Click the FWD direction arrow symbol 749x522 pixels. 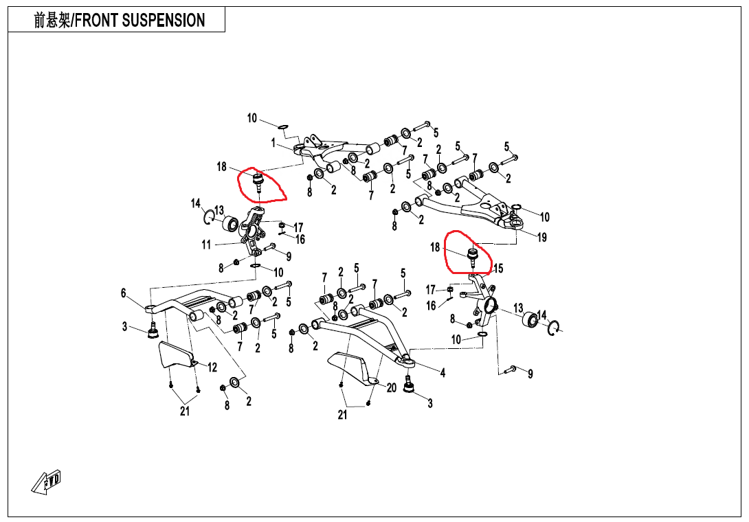[46, 481]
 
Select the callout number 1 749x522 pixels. [273, 144]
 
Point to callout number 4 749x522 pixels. [443, 373]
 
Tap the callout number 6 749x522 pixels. [124, 293]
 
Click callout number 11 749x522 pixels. [206, 245]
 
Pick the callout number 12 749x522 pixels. [212, 367]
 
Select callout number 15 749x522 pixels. [498, 269]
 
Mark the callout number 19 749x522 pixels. [542, 238]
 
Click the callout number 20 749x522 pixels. [392, 388]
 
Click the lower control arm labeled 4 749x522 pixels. [364, 330]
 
